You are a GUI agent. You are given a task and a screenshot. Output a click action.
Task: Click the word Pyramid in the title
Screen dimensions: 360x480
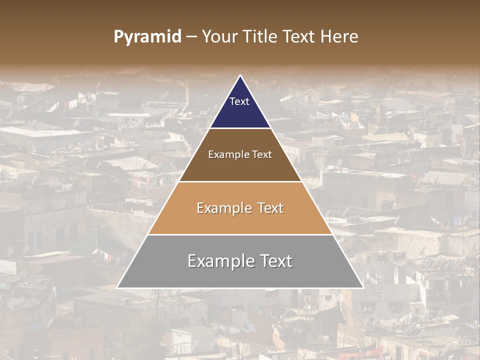147,37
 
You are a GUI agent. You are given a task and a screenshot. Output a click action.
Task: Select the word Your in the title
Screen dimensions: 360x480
218,36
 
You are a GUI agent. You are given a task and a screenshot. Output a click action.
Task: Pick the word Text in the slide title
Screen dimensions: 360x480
300,36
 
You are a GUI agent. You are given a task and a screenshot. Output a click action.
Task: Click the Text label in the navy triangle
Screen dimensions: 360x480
239,101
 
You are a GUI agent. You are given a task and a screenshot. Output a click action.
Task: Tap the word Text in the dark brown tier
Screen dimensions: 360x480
262,154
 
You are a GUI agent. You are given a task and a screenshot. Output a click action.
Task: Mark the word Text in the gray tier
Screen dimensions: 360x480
275,261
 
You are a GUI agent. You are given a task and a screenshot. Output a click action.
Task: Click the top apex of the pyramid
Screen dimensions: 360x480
240,75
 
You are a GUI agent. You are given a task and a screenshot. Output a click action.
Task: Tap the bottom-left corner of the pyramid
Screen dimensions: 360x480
117,288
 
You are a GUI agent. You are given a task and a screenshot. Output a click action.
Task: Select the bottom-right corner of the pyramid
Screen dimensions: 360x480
362,288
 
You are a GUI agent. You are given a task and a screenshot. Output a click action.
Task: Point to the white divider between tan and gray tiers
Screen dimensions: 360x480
240,234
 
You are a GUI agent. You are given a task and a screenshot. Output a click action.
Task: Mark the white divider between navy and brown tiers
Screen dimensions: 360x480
240,128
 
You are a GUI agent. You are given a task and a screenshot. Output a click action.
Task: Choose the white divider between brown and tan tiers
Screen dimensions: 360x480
240,181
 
